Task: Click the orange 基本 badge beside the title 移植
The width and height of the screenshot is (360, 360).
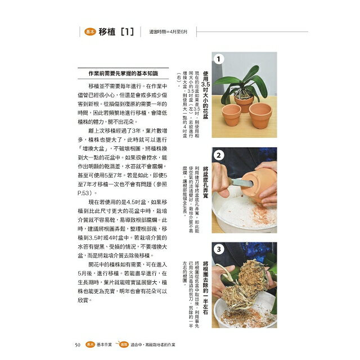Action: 89,33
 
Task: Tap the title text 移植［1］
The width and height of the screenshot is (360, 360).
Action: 115,33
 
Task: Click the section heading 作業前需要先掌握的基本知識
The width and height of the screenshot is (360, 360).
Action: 120,74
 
